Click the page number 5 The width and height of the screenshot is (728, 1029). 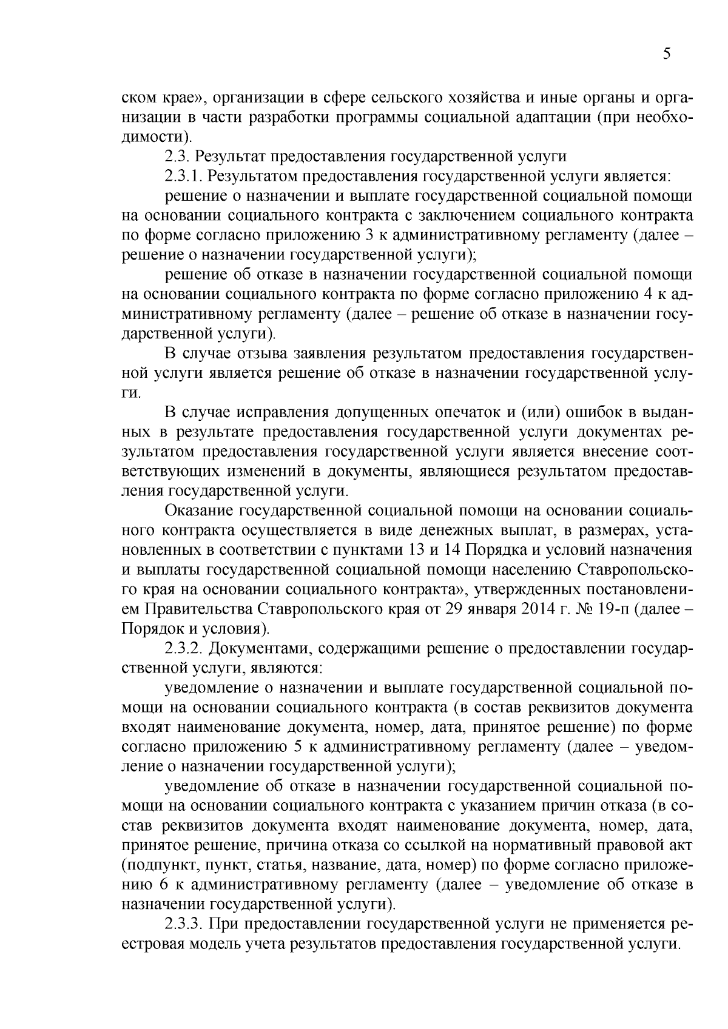click(x=667, y=54)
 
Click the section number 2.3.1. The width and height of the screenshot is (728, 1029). click(x=183, y=176)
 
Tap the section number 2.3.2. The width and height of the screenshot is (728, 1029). click(x=183, y=649)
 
